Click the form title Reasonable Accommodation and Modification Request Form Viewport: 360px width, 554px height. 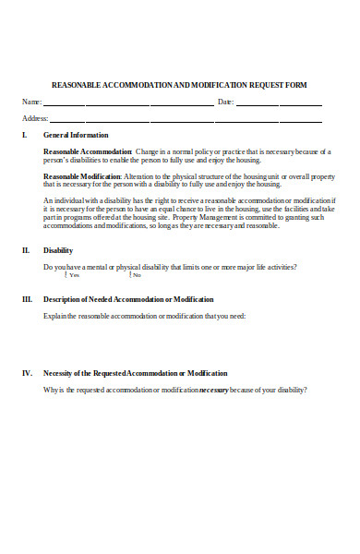click(x=179, y=85)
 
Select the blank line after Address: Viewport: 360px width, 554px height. click(x=185, y=121)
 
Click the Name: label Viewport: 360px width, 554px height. click(x=31, y=102)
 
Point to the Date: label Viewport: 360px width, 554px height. click(x=225, y=102)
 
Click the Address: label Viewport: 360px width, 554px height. click(x=35, y=118)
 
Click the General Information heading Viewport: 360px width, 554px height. click(x=76, y=136)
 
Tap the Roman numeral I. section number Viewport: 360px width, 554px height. click(x=25, y=136)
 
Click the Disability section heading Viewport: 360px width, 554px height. click(x=58, y=250)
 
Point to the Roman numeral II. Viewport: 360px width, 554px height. click(x=26, y=250)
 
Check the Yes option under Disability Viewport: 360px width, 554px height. click(x=66, y=275)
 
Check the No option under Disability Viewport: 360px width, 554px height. click(x=130, y=275)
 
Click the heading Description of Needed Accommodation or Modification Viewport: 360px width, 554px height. click(x=128, y=299)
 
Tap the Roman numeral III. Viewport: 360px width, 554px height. click(x=27, y=299)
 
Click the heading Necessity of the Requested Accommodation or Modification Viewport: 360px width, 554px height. click(x=135, y=373)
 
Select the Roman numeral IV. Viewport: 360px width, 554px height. click(x=27, y=373)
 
